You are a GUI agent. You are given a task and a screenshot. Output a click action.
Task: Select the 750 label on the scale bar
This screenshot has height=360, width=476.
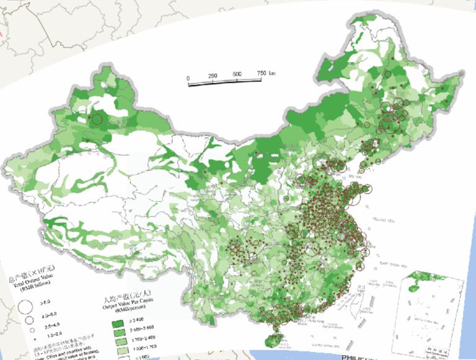(x=261, y=73)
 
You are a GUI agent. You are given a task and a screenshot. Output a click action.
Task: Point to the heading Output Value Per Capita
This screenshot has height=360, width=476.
(x=127, y=304)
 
